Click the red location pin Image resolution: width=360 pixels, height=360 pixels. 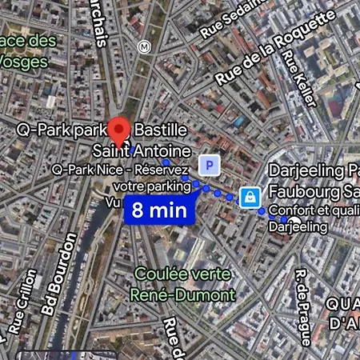tap(120, 130)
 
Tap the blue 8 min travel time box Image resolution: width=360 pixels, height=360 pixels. tap(159, 210)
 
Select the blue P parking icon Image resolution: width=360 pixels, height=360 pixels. tap(210, 165)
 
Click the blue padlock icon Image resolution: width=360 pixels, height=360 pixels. tap(250, 196)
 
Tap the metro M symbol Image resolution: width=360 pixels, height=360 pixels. tap(144, 46)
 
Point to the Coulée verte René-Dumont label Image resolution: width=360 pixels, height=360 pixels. tap(183, 284)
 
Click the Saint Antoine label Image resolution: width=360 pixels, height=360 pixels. tap(142, 150)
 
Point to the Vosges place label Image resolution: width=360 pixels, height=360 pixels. tap(29, 50)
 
